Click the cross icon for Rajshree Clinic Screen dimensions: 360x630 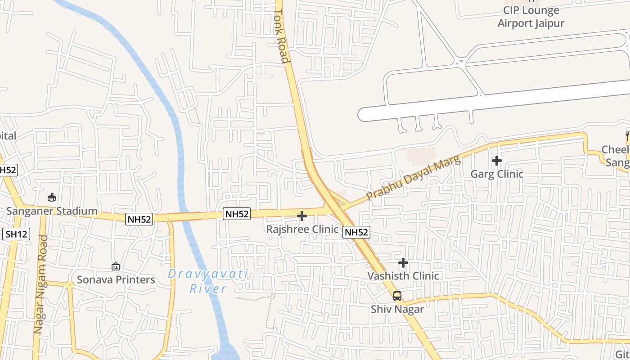tap(302, 216)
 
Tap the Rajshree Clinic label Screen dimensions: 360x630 tap(302, 229)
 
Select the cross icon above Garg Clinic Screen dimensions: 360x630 tap(497, 161)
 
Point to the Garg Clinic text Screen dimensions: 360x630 tap(497, 174)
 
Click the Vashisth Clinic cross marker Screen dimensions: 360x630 tap(403, 263)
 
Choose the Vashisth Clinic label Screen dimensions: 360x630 tap(403, 276)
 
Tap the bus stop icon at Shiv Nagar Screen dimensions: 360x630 tap(397, 296)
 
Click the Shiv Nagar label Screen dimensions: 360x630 tap(397, 309)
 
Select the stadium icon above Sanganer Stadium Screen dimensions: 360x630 tap(52, 197)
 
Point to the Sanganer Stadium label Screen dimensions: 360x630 tap(52, 211)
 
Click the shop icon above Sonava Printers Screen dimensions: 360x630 tap(116, 266)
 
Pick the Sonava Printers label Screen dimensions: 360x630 tap(116, 279)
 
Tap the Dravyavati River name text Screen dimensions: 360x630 tap(208, 281)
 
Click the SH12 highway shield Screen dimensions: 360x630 tap(17, 234)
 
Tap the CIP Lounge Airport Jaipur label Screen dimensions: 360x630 tap(531, 17)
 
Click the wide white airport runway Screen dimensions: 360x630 tap(495, 101)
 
